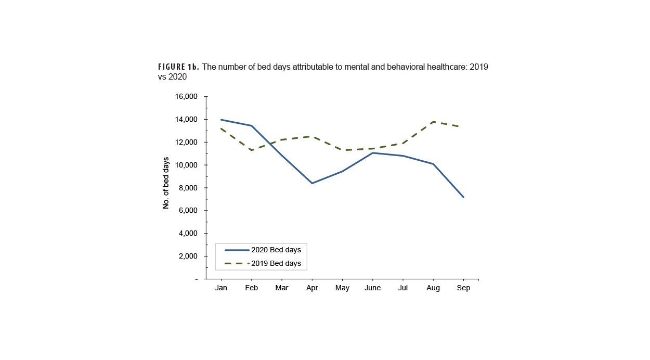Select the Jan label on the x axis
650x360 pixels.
click(x=221, y=288)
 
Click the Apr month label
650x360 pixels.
click(x=312, y=288)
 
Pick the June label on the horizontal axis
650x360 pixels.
click(x=372, y=288)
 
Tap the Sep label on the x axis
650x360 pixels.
click(x=463, y=288)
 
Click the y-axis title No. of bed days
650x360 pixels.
click(x=166, y=183)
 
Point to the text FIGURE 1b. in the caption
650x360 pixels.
click(x=178, y=67)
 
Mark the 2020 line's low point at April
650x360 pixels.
click(x=312, y=183)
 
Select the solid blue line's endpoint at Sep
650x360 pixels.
click(x=463, y=197)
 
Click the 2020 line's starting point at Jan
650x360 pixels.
click(x=221, y=120)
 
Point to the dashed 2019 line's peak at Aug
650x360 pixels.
click(x=433, y=122)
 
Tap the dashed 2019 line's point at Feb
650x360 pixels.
click(x=251, y=150)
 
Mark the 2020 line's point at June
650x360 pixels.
click(x=372, y=152)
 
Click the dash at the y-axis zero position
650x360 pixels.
click(x=197, y=279)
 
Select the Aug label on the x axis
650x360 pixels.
click(x=433, y=288)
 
